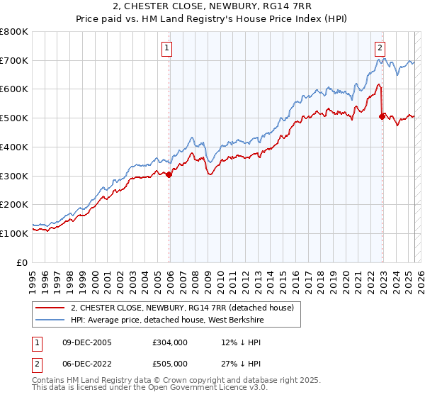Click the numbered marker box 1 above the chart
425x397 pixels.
[166, 48]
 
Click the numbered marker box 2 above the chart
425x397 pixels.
[380, 48]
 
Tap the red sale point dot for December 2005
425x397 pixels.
[169, 175]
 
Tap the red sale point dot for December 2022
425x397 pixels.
[382, 117]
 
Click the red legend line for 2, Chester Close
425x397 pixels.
[51, 307]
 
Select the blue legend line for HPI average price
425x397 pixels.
[51, 320]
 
